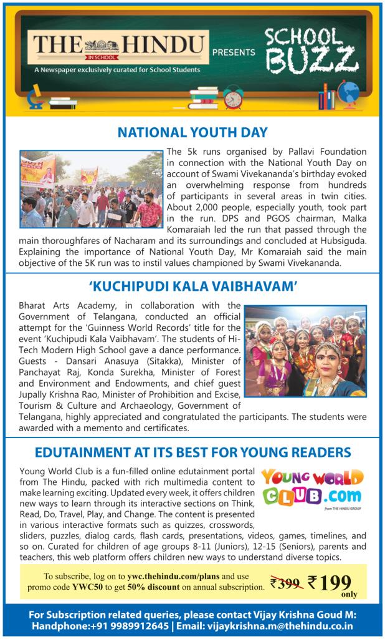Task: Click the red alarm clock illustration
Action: tap(234, 98)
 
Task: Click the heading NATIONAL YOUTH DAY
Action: tap(192, 132)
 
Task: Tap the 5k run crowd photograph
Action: tap(91, 188)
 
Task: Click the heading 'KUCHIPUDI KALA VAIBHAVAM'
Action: tap(192, 287)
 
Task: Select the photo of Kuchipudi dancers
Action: tap(305, 351)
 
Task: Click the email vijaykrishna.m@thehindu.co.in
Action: tap(283, 626)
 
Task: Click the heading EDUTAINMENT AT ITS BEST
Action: tap(192, 452)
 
